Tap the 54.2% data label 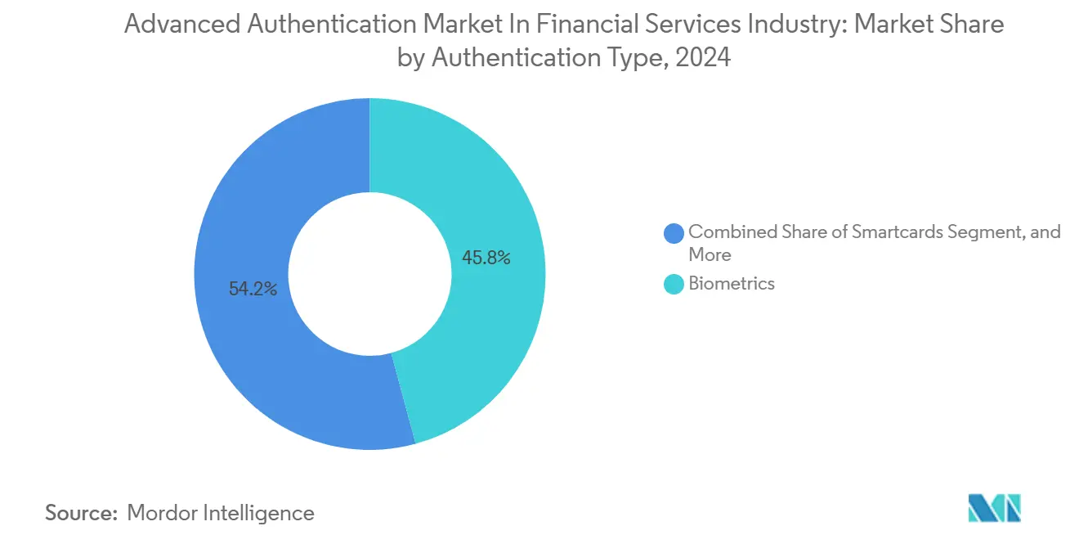pos(253,289)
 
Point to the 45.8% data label pos(486,259)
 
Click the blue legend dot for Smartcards pos(674,233)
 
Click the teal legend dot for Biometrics pos(674,284)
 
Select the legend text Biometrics pos(732,284)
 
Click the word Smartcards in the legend pos(897,232)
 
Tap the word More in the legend pos(710,254)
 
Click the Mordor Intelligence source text pos(221,513)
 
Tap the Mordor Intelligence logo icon pos(994,509)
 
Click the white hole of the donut pos(369,274)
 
